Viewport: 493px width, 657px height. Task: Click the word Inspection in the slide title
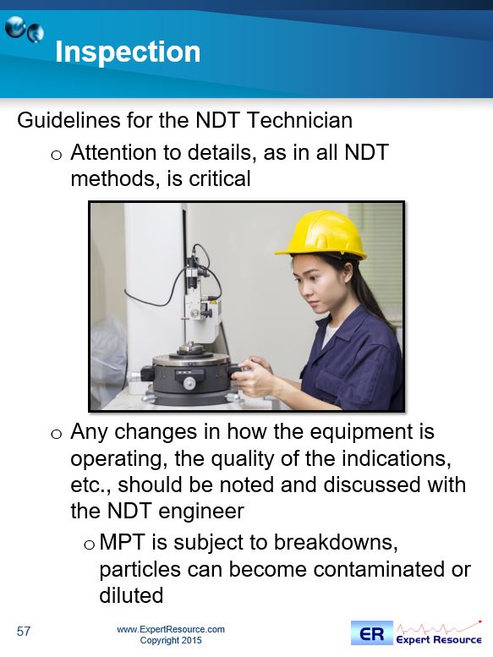click(128, 52)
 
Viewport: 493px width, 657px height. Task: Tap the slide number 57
click(24, 631)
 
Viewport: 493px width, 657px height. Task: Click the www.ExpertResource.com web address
click(171, 629)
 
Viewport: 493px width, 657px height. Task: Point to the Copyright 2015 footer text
click(171, 641)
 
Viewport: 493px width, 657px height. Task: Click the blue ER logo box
click(372, 633)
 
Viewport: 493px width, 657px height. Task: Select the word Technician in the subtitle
click(299, 120)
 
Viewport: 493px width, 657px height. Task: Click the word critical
click(220, 178)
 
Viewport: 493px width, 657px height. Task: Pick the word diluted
click(131, 595)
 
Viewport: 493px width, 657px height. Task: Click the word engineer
click(201, 512)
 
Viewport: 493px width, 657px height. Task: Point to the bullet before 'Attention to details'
click(56, 155)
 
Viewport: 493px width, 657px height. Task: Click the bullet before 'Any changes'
click(56, 434)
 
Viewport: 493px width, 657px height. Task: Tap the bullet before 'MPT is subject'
click(90, 545)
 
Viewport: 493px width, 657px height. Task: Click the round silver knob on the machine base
click(189, 382)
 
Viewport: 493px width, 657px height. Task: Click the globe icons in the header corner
click(25, 30)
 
